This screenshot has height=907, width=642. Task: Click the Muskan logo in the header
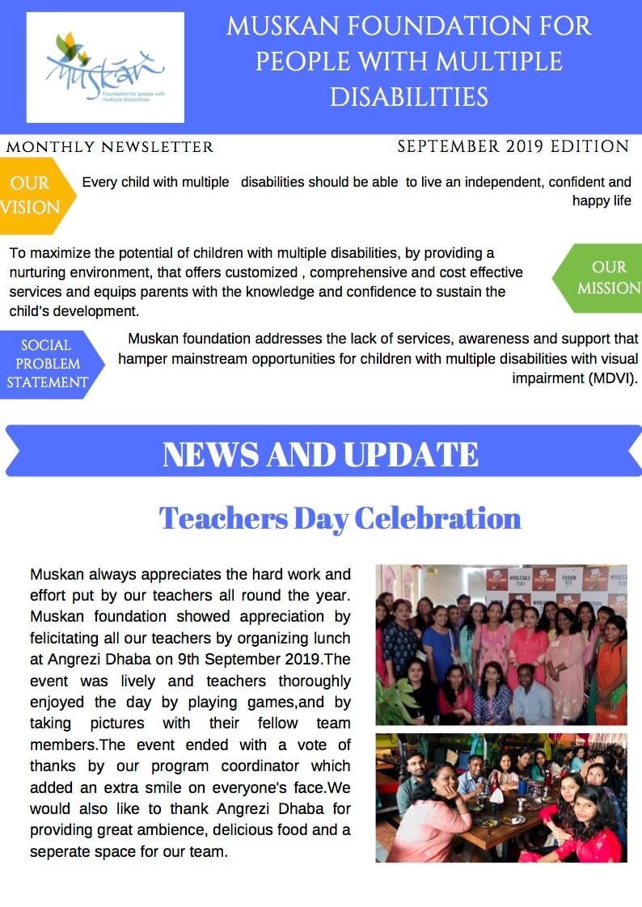(105, 67)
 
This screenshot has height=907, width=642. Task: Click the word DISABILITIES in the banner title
(409, 97)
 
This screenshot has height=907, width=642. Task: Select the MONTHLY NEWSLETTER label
(110, 147)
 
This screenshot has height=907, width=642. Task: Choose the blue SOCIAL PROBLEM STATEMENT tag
(49, 364)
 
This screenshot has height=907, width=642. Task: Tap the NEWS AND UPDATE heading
(320, 454)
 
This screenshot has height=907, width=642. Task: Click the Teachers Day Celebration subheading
(340, 518)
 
